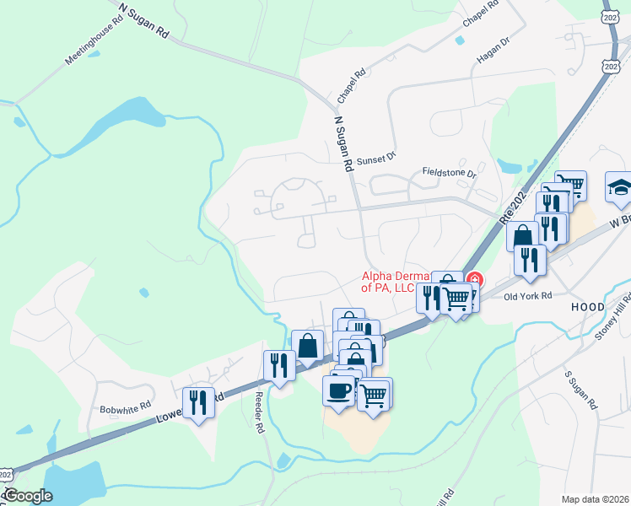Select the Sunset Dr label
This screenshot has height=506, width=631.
point(375,158)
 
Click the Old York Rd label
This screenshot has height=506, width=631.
point(527,296)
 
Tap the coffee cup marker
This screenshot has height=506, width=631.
point(339,390)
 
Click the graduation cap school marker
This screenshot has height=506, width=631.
point(620,187)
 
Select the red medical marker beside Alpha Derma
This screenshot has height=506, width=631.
point(474,279)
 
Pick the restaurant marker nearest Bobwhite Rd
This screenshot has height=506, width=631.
point(198,401)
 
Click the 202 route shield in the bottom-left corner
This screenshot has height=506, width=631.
point(6,475)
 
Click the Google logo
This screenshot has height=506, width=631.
point(28,496)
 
